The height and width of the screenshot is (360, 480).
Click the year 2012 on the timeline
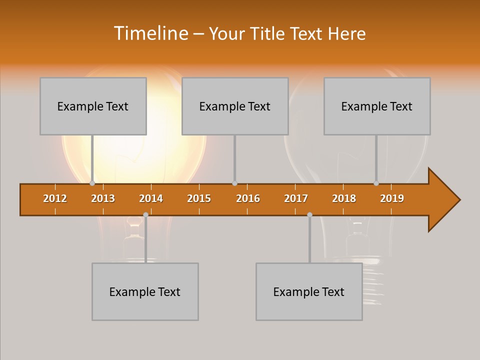pos(55,198)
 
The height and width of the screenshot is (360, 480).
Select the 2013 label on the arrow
pos(103,198)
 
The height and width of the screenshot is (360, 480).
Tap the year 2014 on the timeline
pos(151,198)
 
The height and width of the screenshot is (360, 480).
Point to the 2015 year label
pos(199,198)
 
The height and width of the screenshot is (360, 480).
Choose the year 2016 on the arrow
pos(248,198)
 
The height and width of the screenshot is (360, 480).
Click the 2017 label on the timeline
pos(296,198)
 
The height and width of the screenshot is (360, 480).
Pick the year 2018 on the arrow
pos(344,198)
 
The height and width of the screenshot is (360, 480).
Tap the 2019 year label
pos(392,198)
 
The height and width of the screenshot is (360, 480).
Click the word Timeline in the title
pos(150,33)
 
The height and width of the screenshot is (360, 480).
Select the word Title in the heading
pos(269,33)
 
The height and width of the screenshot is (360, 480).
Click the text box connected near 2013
pos(93,106)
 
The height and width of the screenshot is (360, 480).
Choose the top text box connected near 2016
pos(235,106)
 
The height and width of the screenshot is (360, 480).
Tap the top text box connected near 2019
pos(377,106)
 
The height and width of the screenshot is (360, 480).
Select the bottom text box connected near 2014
pos(145,291)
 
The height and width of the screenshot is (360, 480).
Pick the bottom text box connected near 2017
pos(309,291)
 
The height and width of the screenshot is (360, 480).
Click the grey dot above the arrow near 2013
pos(92,183)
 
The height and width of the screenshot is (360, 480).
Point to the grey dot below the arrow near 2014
pos(145,214)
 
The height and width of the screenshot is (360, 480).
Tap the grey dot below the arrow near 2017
pos(309,214)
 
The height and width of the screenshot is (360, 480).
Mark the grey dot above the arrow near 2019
pos(376,183)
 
